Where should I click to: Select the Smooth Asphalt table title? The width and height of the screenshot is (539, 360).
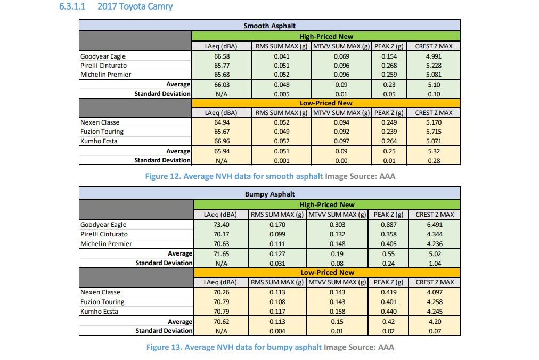(x=269, y=26)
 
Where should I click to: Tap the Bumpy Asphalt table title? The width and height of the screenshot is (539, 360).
(x=269, y=194)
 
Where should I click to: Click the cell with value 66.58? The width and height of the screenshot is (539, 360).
(x=220, y=56)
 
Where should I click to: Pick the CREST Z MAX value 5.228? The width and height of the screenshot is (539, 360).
(x=434, y=66)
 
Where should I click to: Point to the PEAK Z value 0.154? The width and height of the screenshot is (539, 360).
(x=389, y=56)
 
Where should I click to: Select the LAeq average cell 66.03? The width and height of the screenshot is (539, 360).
(x=220, y=84)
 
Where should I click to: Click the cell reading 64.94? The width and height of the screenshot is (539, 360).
(x=220, y=122)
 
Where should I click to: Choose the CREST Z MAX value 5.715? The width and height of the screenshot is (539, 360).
(x=434, y=132)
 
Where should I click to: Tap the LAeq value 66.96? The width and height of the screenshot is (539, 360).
(x=220, y=141)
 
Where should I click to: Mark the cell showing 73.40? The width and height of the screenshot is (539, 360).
(x=220, y=225)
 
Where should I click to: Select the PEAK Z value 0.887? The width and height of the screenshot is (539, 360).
(x=389, y=225)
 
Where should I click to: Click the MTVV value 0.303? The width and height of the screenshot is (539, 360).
(x=337, y=225)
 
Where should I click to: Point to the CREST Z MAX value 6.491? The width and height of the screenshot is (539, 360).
(x=434, y=225)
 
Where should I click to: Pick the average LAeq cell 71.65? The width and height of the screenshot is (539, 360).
(x=220, y=253)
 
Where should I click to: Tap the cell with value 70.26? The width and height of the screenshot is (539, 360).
(x=220, y=292)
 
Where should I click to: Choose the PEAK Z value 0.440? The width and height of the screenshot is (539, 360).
(x=389, y=312)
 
